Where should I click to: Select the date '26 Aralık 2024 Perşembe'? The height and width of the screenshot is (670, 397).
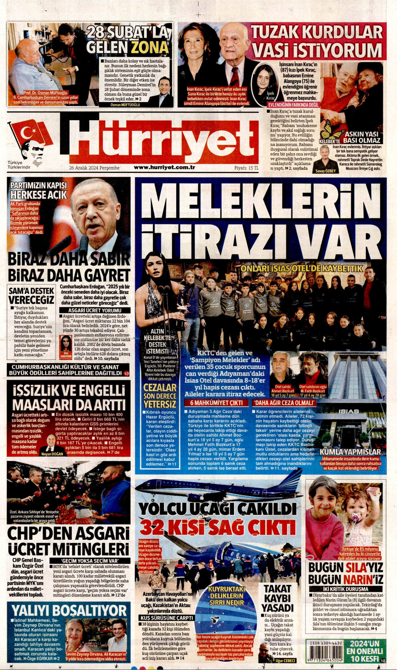tap(94, 168)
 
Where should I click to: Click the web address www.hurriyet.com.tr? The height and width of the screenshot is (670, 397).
tap(164, 167)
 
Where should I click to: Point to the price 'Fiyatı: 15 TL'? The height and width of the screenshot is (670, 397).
tap(246, 168)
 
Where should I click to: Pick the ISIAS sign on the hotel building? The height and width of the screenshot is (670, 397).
tap(348, 411)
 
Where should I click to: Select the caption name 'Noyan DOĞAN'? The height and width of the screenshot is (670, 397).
tap(52, 454)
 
